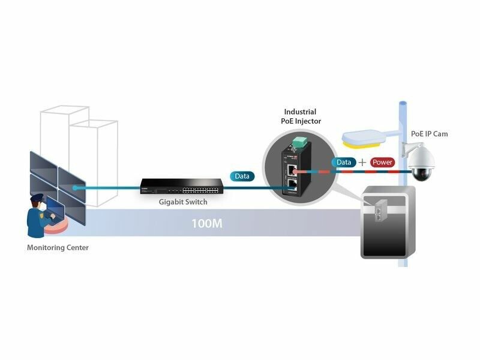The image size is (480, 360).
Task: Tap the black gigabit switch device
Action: coord(170,187)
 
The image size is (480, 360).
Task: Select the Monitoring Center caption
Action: coord(58,247)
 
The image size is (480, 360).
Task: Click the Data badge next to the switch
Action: coord(242,176)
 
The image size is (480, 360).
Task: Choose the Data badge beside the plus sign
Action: coord(344,162)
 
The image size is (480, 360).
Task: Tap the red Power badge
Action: coord(382,162)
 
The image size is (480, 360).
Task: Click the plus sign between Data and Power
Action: coord(362,162)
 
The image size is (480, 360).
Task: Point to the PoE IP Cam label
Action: coord(429,134)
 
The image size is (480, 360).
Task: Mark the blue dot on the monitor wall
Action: coord(75,188)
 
